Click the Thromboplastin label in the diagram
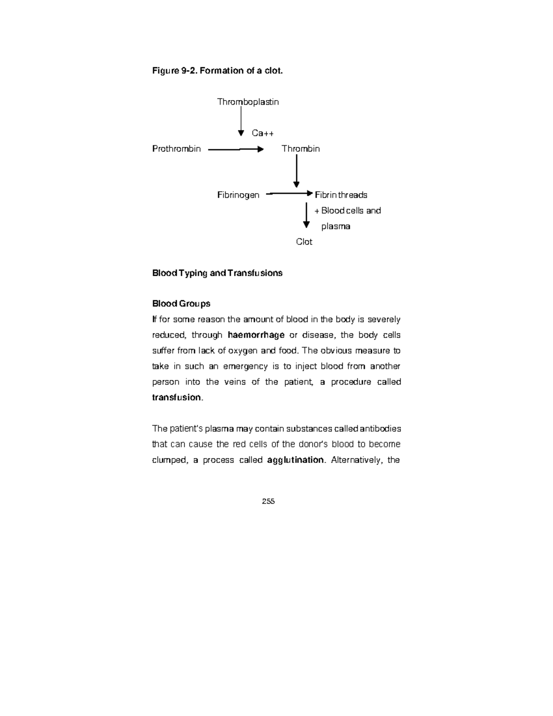248,102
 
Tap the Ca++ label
263,133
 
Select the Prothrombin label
176,149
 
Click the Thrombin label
300,149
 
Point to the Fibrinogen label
238,195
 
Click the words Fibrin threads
341,195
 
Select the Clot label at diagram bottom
304,242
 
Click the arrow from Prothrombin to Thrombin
235,149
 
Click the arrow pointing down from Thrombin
296,171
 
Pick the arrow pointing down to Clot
306,215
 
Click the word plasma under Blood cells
335,226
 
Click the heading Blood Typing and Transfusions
217,273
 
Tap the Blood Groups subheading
181,303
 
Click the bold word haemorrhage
256,335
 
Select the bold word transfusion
177,397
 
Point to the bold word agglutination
295,460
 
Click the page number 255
268,502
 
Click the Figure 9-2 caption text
217,71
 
